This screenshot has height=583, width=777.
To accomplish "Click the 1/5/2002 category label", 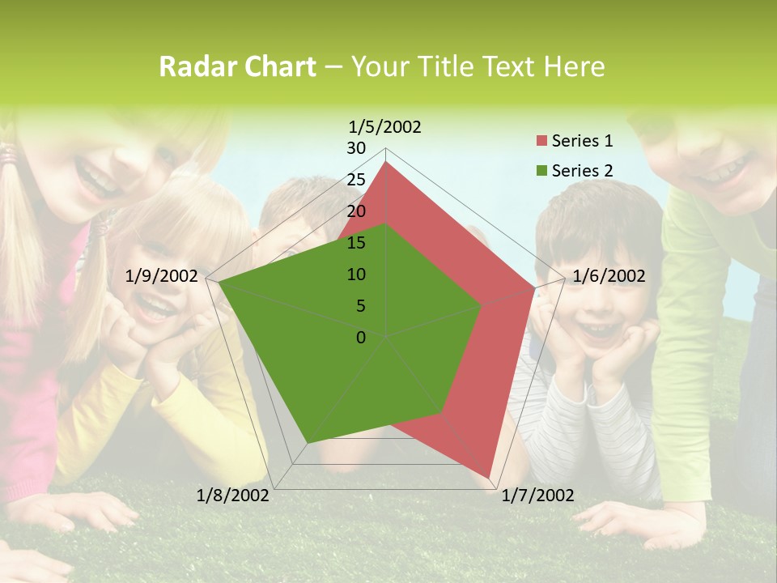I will [385, 126].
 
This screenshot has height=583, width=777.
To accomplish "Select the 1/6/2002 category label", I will [609, 276].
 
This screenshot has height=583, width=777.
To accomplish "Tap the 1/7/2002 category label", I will [537, 496].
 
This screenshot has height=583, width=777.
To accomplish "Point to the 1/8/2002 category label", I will [233, 496].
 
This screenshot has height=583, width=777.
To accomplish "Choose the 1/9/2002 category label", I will [162, 276].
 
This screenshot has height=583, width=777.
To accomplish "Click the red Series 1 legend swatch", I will [541, 142].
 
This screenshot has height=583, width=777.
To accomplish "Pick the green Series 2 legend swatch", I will [541, 171].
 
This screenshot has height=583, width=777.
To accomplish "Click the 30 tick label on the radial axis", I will [356, 148].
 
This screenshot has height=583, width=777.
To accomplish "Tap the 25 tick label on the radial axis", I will [356, 180].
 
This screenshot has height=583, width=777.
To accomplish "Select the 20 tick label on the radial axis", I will [356, 211].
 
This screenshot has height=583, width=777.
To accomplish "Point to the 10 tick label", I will [356, 274].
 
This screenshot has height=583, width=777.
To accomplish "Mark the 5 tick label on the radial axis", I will [360, 306].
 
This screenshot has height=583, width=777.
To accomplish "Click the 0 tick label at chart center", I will [361, 338].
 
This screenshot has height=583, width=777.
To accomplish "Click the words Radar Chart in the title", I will [237, 66].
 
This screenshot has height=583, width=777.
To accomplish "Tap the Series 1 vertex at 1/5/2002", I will [386, 161].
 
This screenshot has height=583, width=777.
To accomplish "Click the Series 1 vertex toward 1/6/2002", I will [535, 287].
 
